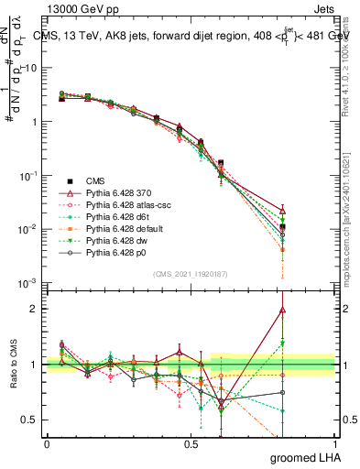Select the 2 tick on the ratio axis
(38, 309)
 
